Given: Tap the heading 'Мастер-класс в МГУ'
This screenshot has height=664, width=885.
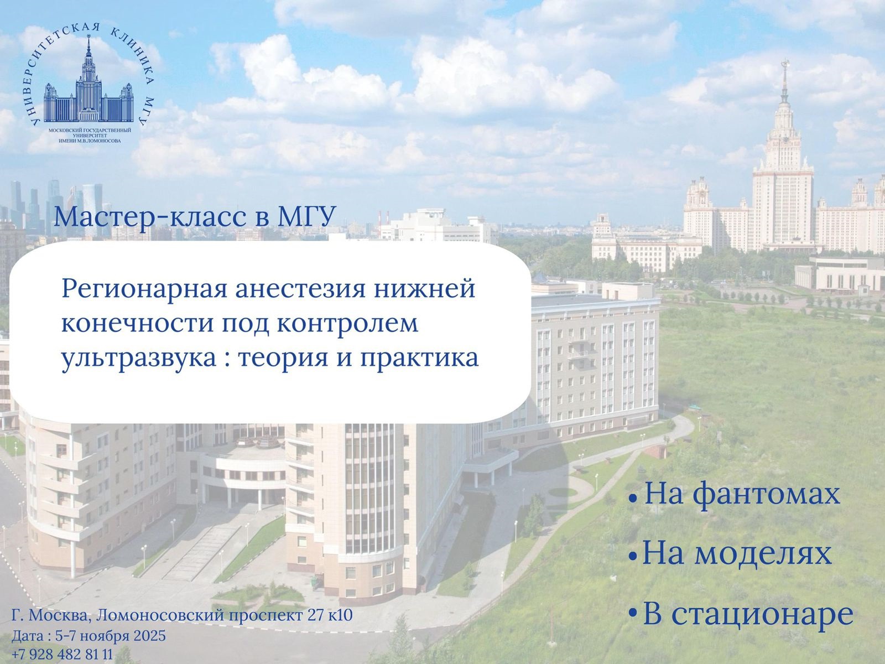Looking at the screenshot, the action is pyautogui.click(x=195, y=217).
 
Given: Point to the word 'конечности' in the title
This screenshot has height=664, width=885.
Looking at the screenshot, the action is pyautogui.click(x=138, y=324).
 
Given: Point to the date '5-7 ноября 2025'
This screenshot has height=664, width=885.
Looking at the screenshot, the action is pyautogui.click(x=111, y=636).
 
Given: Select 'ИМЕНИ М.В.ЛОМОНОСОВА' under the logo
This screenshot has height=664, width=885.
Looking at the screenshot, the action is pyautogui.click(x=90, y=141).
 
